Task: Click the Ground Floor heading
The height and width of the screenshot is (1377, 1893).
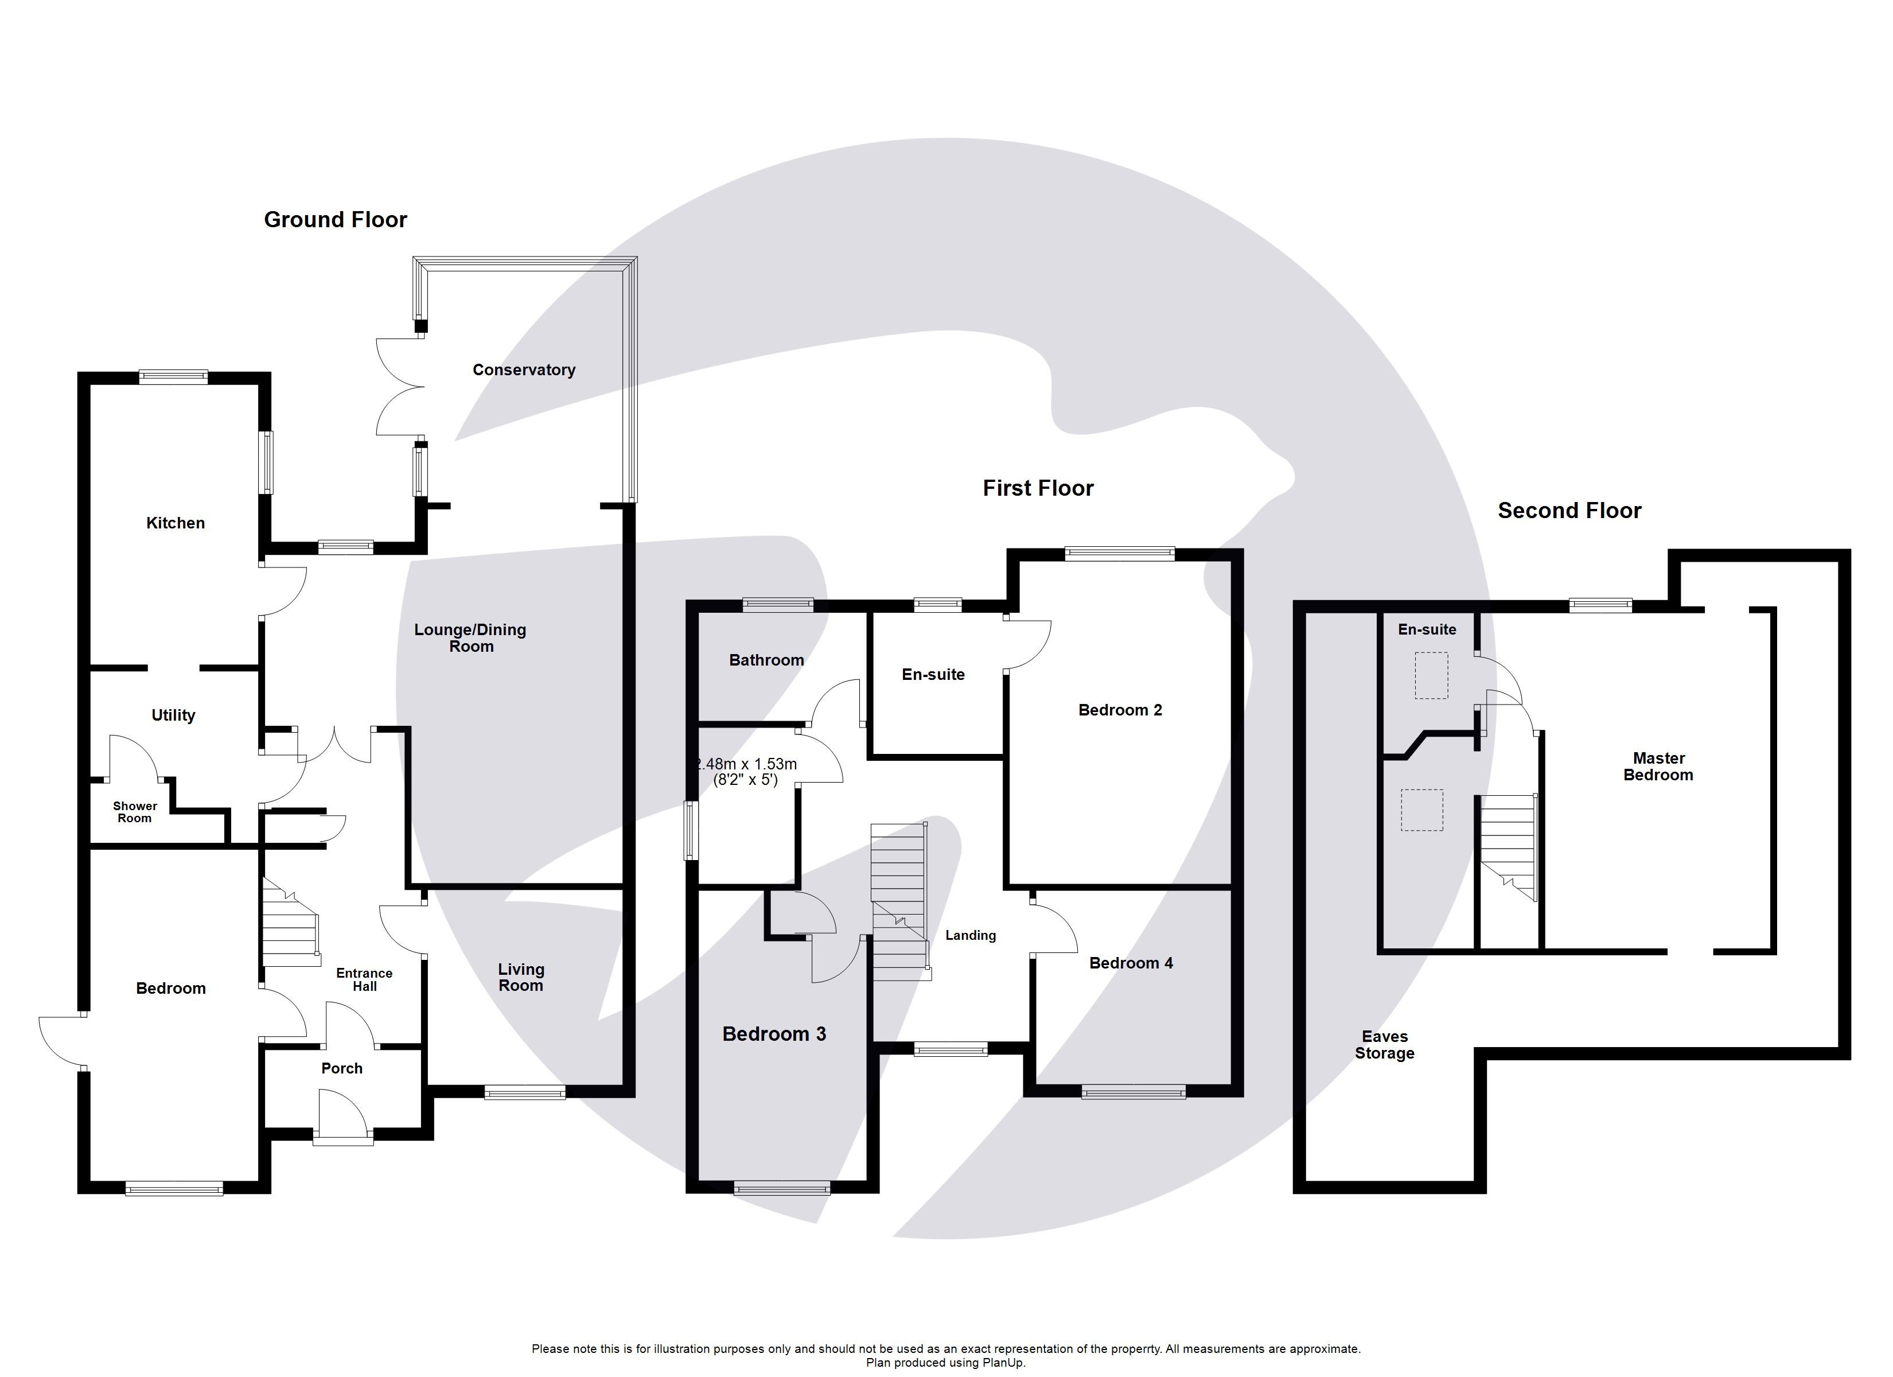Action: (336, 220)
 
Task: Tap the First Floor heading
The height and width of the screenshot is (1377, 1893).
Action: (1038, 488)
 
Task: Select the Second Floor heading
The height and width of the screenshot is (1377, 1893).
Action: (1569, 511)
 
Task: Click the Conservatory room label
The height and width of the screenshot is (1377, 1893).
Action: (523, 370)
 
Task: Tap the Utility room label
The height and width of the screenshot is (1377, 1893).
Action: (173, 715)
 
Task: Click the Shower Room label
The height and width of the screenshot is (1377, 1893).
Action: (134, 812)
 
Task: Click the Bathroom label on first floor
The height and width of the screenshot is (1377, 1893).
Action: (766, 660)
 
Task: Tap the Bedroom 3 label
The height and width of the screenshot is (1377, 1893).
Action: (774, 1034)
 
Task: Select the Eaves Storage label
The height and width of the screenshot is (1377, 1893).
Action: (1384, 1045)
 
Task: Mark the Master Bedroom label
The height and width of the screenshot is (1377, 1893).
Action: (1658, 767)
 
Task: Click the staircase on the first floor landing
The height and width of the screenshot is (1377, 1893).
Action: (899, 902)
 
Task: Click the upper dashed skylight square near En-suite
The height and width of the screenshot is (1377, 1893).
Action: (1431, 675)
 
